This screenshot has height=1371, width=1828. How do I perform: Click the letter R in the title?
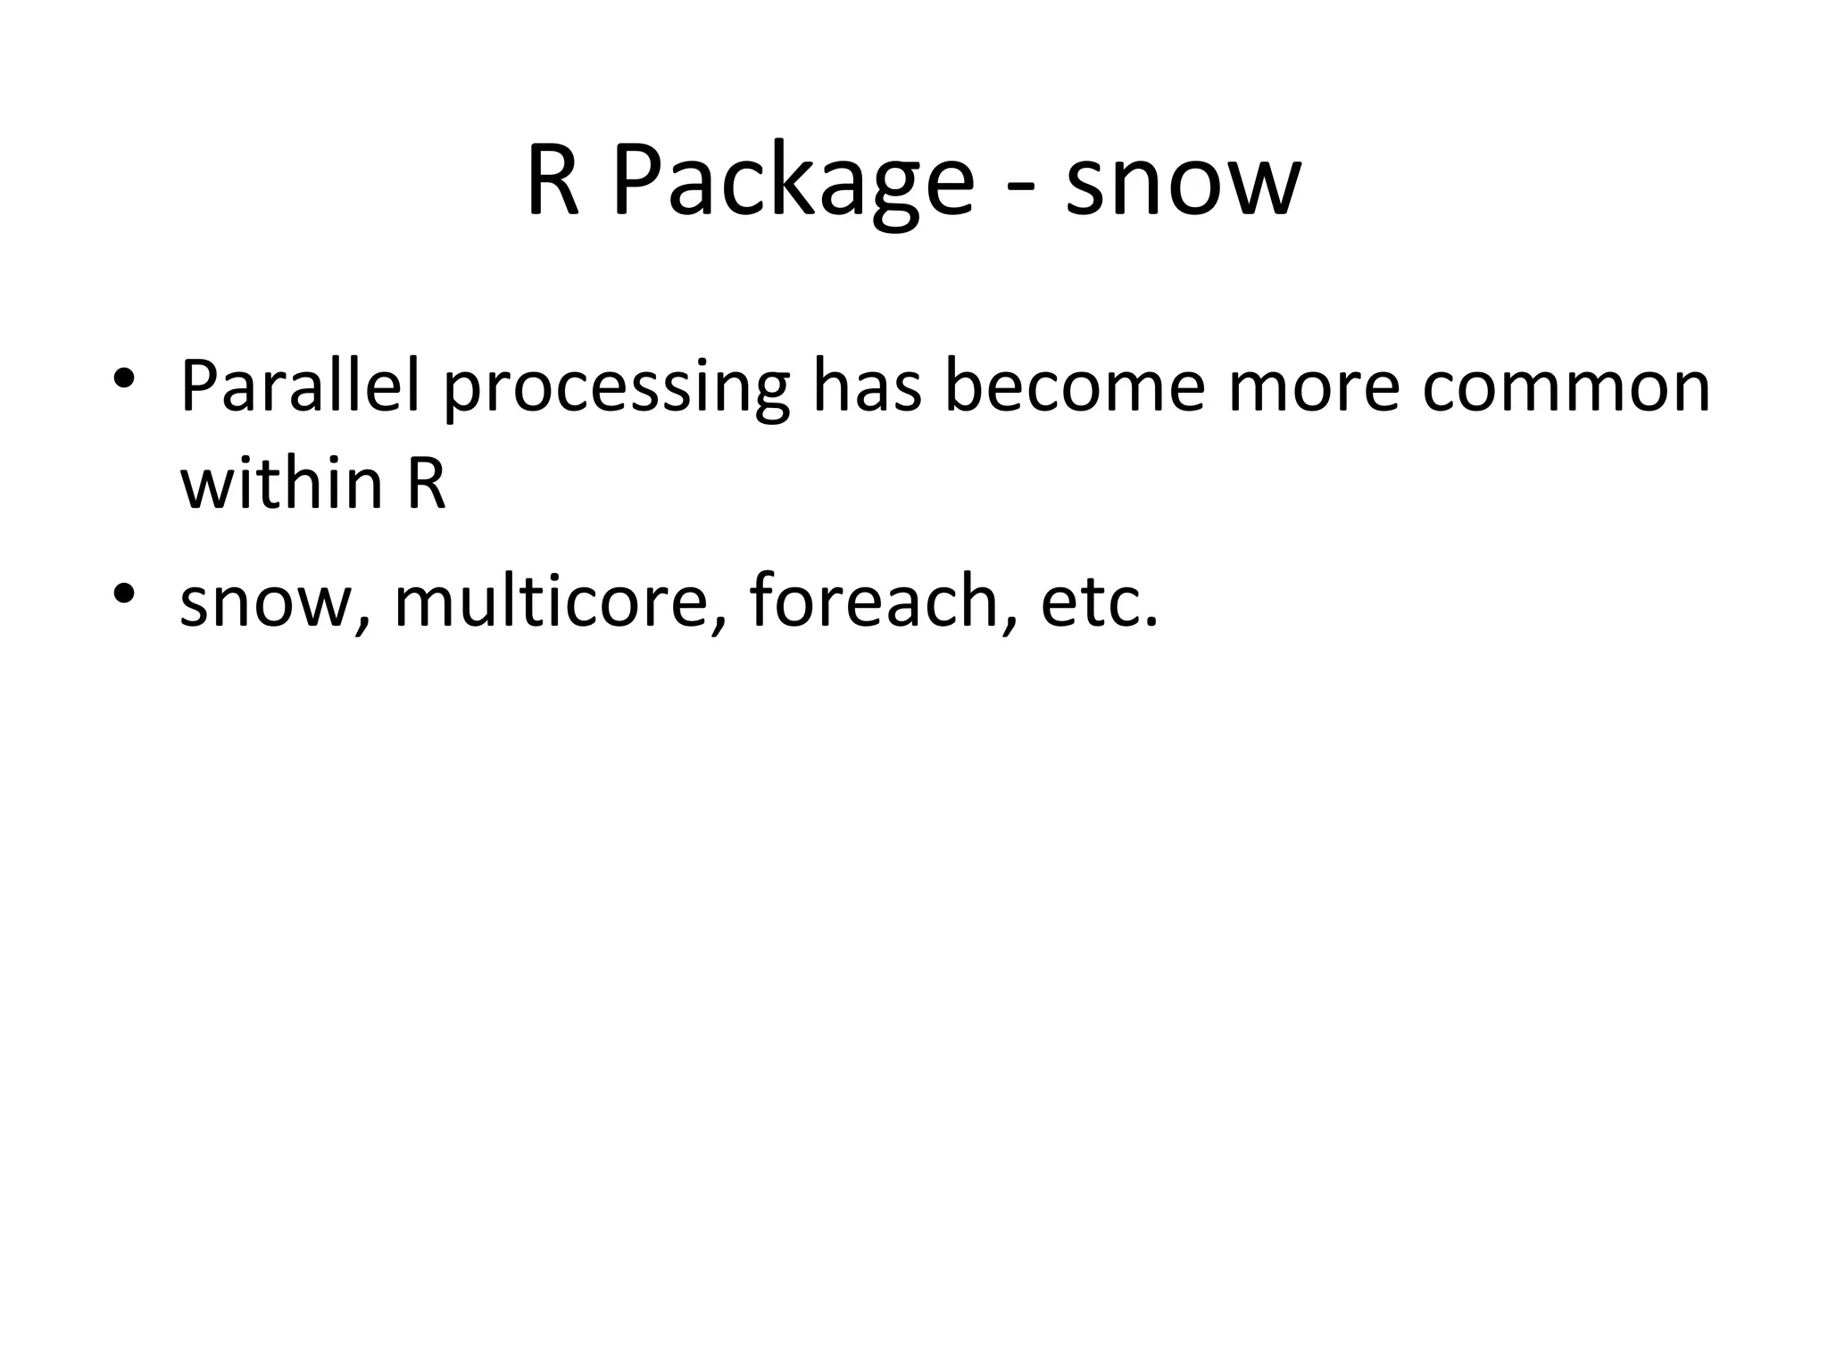[553, 181]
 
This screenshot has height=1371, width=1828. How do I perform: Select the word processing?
[616, 391]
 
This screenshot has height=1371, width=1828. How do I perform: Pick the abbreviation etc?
[1098, 602]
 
